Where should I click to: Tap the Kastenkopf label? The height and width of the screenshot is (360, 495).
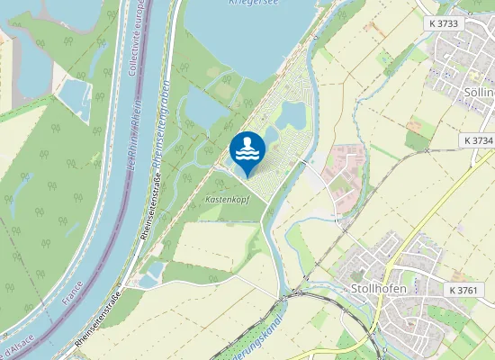[x=227, y=197]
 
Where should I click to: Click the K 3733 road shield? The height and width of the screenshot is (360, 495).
[x=445, y=23]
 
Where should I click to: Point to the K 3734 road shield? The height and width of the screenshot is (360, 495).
[x=478, y=141]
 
